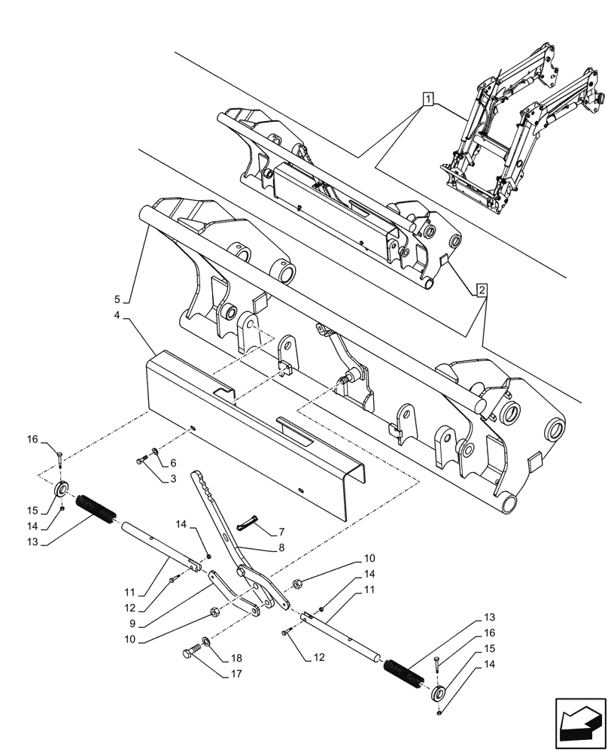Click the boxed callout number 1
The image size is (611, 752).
pyautogui.click(x=427, y=98)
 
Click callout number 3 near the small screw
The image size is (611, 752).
pyautogui.click(x=172, y=478)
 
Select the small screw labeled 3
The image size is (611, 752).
pyautogui.click(x=142, y=459)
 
